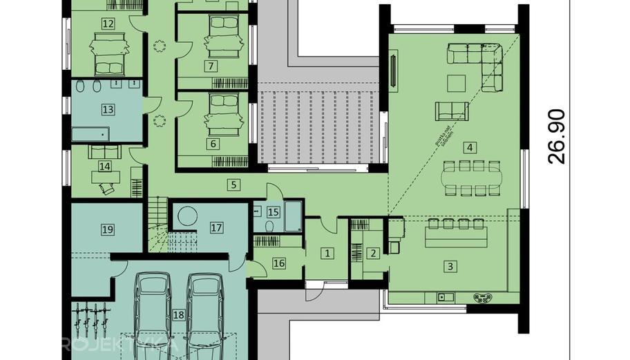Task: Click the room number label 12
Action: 107,23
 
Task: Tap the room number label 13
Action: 107,109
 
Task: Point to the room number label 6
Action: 212,144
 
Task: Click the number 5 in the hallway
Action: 234,184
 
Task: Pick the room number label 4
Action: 470,147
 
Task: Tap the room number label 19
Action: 107,229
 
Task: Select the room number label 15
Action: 273,212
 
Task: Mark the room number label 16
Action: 279,262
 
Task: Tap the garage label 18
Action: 178,315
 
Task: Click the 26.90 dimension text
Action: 557,137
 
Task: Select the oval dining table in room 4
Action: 470,177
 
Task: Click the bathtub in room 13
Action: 90,134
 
